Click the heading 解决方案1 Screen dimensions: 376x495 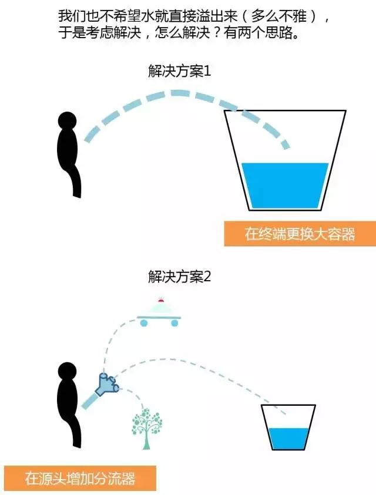pos(179,71)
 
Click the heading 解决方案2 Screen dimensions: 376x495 pos(179,277)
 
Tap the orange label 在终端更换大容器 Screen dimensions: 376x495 pos(300,234)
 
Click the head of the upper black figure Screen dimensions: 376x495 pos(68,121)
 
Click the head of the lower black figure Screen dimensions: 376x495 pos(68,371)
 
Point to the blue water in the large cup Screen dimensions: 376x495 pos(285,186)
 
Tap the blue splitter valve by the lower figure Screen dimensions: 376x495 pos(108,384)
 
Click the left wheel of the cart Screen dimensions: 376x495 pos(144,322)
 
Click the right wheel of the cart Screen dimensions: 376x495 pos(174,322)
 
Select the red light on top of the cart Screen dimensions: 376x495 pos(161,300)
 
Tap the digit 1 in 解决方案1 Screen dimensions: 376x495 pos(207,72)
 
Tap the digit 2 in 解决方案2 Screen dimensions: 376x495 pos(207,277)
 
